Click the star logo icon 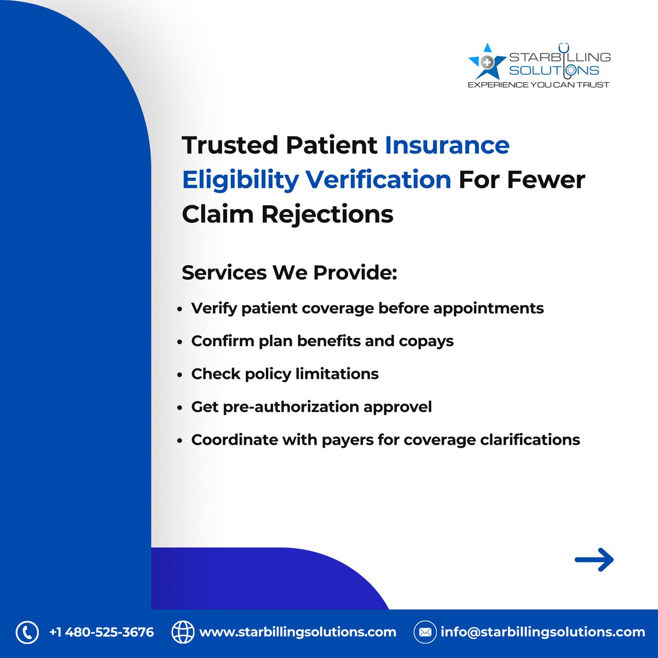[x=486, y=61]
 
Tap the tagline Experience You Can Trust [x=538, y=85]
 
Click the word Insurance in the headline [x=447, y=145]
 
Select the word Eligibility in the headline [x=240, y=180]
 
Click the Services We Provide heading [x=289, y=273]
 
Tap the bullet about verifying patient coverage [x=367, y=308]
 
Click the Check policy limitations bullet [x=285, y=374]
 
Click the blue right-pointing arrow [x=594, y=560]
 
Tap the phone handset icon [x=27, y=632]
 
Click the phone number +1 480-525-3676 [x=101, y=632]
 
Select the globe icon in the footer [x=183, y=632]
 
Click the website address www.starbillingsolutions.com [x=297, y=632]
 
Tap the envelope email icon [x=424, y=632]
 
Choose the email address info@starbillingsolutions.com [x=543, y=632]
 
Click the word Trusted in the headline [x=230, y=145]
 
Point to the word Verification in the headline [x=378, y=180]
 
